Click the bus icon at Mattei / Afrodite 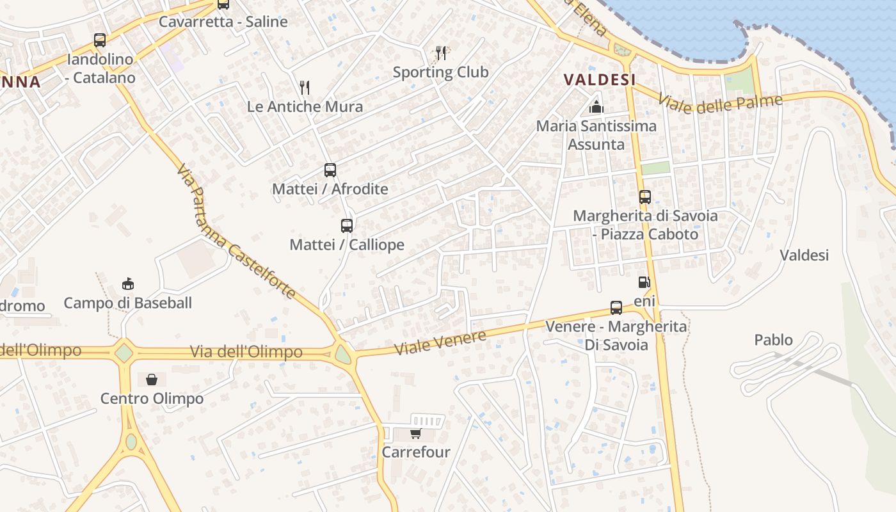pyautogui.click(x=330, y=170)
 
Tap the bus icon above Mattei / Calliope pyautogui.click(x=347, y=225)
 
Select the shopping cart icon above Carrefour pyautogui.click(x=415, y=434)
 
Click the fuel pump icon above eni pyautogui.click(x=644, y=282)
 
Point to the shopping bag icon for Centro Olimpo pyautogui.click(x=152, y=380)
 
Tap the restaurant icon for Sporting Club pyautogui.click(x=441, y=52)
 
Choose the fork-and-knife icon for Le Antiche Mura pyautogui.click(x=305, y=87)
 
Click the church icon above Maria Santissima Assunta pyautogui.click(x=596, y=107)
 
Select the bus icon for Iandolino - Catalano pyautogui.click(x=100, y=40)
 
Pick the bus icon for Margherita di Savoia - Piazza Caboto pyautogui.click(x=645, y=197)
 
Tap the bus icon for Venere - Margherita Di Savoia pyautogui.click(x=616, y=308)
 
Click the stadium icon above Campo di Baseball pyautogui.click(x=128, y=284)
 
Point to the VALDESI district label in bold pyautogui.click(x=600, y=79)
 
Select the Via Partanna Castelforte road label pyautogui.click(x=235, y=232)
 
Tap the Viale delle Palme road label pyautogui.click(x=720, y=104)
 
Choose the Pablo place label pyautogui.click(x=773, y=340)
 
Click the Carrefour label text pyautogui.click(x=416, y=452)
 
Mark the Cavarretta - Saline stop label pyautogui.click(x=223, y=22)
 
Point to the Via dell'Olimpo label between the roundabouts pyautogui.click(x=246, y=352)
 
